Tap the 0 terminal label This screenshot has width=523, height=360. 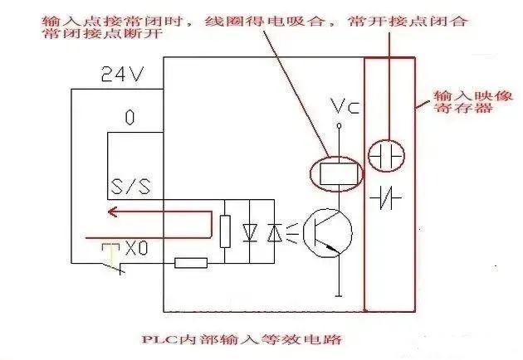[x=129, y=118]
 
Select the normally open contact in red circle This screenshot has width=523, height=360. [x=386, y=155]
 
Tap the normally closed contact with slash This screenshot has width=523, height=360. [x=386, y=197]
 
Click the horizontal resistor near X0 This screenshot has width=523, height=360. [x=191, y=263]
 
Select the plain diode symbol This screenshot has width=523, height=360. [x=250, y=233]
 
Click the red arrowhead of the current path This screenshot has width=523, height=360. [x=110, y=212]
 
